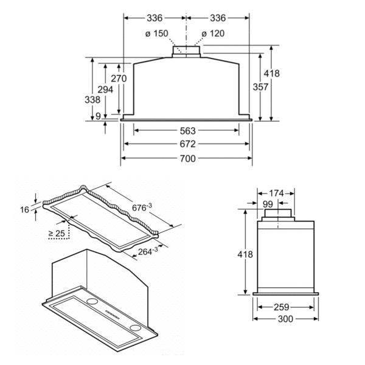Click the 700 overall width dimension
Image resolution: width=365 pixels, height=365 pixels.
187,158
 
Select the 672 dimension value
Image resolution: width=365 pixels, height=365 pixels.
187,144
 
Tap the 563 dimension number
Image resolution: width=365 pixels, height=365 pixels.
187,130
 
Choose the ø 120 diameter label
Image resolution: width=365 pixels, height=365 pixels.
212,33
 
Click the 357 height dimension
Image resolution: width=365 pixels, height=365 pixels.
243,87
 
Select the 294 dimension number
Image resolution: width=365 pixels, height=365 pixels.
105,89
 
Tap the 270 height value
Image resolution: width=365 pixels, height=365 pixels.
119,78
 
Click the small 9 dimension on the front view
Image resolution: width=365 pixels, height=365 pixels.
98,116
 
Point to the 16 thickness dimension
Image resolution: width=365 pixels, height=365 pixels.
24,209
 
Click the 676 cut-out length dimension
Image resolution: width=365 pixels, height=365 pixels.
143,207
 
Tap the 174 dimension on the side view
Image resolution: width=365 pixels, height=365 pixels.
276,193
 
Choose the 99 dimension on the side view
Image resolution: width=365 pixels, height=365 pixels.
268,204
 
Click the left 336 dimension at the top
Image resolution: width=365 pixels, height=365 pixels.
153,18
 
